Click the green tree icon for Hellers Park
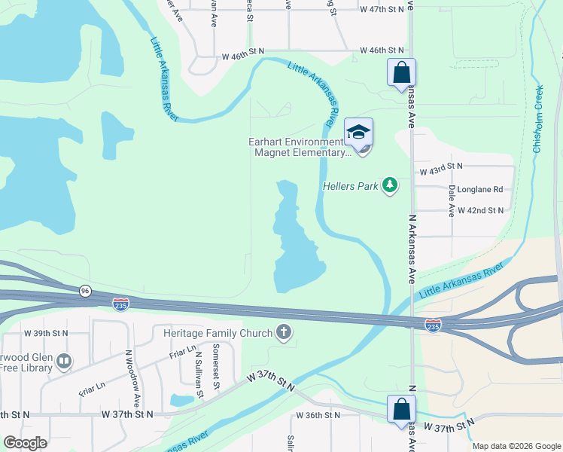point(389,185)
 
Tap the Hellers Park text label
point(350,185)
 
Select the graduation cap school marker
point(359,133)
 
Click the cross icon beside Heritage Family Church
point(284,332)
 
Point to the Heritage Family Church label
point(212,333)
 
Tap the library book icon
point(64,362)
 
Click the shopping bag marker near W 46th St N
point(401,73)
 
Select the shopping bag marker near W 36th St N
point(401,410)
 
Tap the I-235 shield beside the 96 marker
point(120,304)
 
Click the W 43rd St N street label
point(441,170)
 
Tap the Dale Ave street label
point(451,201)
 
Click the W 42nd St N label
point(480,211)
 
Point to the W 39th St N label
point(46,332)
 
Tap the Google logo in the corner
point(25,443)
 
